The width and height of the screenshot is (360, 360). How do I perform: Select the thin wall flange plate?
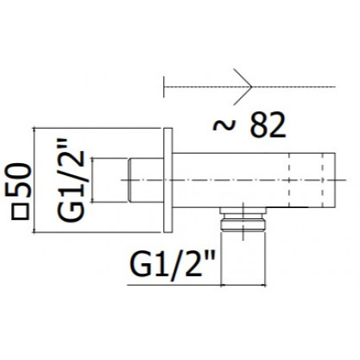coord(168,182)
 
